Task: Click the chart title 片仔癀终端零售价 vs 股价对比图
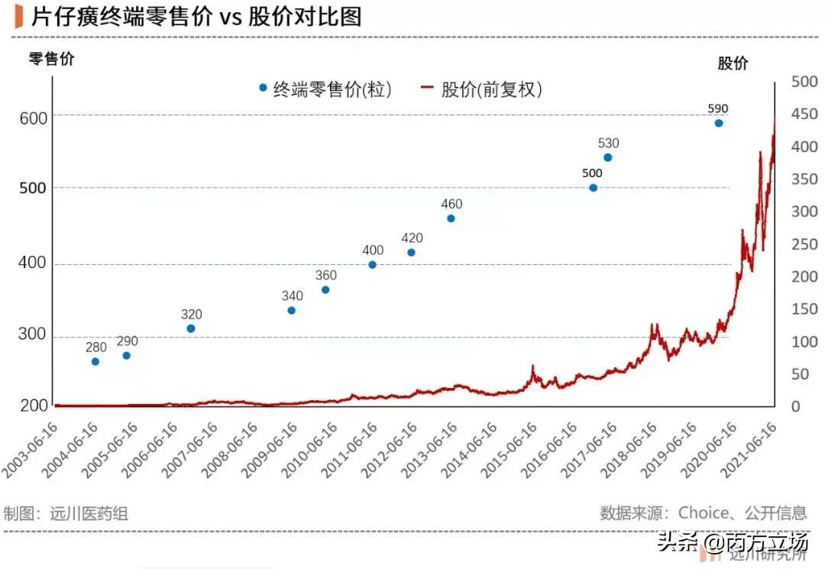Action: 196,17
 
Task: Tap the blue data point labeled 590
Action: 718,123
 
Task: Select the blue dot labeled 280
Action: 95,361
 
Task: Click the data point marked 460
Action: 451,218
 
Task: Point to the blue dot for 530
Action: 608,157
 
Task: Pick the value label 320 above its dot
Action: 192,314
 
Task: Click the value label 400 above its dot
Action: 373,251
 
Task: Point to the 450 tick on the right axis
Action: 804,115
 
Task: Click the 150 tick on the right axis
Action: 804,309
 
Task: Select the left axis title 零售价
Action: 51,59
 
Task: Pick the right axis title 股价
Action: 732,63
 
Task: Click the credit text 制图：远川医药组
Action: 66,513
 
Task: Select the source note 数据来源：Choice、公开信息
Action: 703,512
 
